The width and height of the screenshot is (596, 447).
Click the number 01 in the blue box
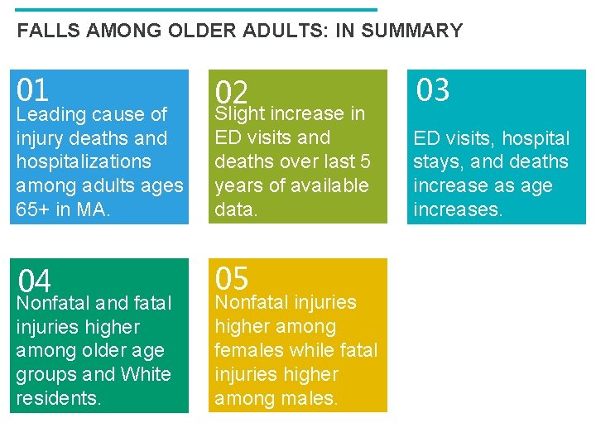tap(33, 89)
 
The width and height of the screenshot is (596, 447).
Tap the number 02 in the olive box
tap(232, 92)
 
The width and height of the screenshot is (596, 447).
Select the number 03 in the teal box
tap(432, 89)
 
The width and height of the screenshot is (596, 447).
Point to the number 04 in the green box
tap(35, 281)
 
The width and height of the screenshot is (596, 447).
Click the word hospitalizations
tap(84, 161)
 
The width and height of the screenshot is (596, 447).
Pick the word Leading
tap(51, 114)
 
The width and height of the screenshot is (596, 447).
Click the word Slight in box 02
tap(238, 113)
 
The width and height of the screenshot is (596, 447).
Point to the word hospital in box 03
tap(537, 138)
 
